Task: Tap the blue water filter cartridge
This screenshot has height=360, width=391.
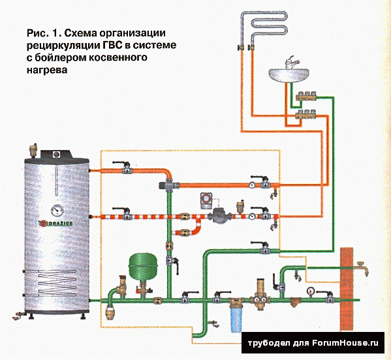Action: (236, 320)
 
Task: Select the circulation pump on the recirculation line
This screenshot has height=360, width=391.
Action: (219, 217)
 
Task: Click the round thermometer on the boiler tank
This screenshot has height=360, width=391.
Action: (57, 211)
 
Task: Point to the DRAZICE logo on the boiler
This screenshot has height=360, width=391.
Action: (56, 223)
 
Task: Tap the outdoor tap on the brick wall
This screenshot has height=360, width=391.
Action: (362, 268)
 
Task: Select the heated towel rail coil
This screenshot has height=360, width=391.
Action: (264, 27)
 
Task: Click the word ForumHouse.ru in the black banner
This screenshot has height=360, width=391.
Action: (345, 343)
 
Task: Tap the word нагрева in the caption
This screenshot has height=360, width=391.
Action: (47, 70)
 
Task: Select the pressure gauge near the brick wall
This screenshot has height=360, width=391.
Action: (311, 291)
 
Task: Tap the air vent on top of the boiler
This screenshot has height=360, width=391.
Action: (33, 149)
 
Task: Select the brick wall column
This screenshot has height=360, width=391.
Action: (347, 290)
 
